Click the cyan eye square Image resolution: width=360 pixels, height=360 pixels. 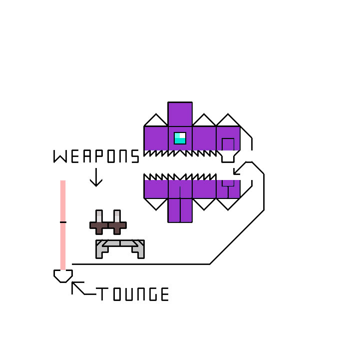tap(180, 138)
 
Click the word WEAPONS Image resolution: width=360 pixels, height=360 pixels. tap(96, 156)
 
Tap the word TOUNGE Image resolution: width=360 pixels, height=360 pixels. tap(132, 294)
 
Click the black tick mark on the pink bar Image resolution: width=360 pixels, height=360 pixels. tap(63, 221)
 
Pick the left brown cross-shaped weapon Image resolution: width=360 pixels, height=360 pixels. tap(99, 223)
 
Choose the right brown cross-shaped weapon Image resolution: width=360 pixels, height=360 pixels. tap(117, 223)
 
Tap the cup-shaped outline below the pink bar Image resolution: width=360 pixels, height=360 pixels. tap(63, 275)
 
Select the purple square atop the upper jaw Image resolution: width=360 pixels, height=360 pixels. tap(180, 114)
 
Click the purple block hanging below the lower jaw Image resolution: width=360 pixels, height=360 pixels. tap(180, 209)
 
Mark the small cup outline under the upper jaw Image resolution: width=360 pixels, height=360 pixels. tap(228, 156)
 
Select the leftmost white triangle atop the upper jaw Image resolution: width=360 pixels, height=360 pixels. tap(156, 121)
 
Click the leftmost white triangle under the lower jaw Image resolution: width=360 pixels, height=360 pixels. tap(156, 203)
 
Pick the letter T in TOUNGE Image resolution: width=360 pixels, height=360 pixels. tap(102, 294)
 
